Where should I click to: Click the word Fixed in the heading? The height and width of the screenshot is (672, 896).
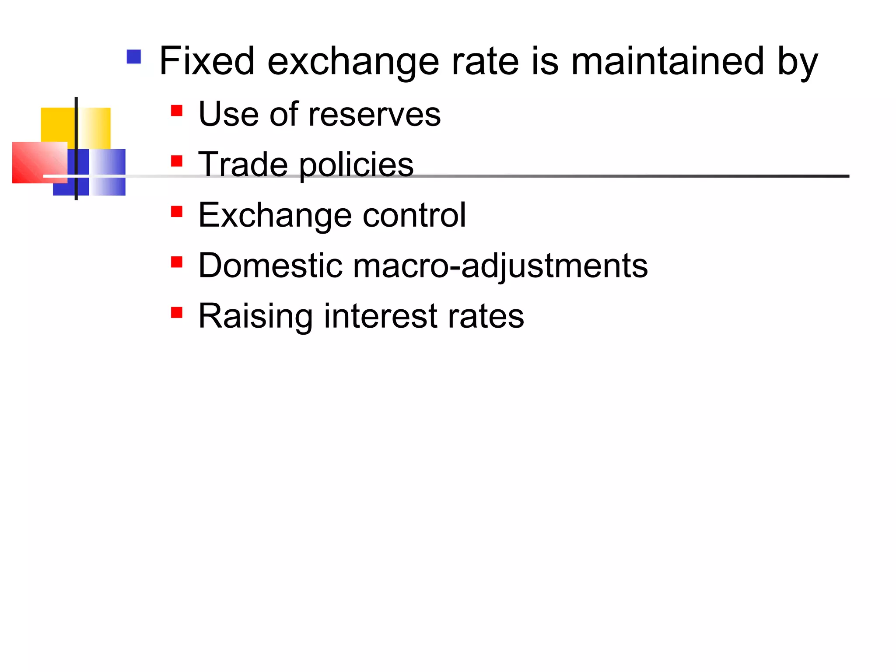point(206,61)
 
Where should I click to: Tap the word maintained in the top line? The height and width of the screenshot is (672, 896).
point(667,61)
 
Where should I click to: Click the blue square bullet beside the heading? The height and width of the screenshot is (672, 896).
point(133,57)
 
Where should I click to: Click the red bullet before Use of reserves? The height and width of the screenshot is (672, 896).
point(177,110)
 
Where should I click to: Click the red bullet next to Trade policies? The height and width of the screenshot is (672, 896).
point(177,161)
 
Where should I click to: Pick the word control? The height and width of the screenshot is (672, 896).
point(414,215)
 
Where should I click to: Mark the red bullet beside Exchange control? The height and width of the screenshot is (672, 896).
point(177,212)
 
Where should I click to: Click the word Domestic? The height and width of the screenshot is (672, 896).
point(270,266)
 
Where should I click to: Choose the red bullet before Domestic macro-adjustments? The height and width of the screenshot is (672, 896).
point(177,262)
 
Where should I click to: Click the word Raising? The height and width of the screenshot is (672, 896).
point(255,316)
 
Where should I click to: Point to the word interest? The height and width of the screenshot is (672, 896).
point(380,316)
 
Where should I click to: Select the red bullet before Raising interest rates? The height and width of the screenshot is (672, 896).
point(177,312)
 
